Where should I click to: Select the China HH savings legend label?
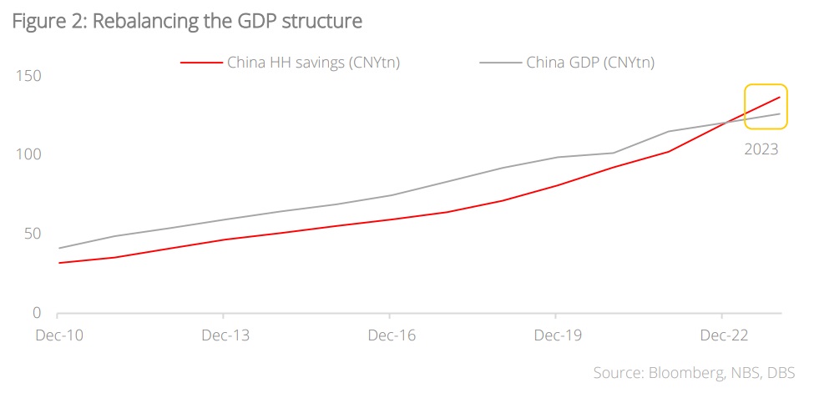point(314,63)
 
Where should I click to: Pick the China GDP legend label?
point(589,63)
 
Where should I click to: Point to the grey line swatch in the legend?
point(499,63)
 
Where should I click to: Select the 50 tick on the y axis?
point(31,234)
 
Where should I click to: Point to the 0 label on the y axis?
point(36,313)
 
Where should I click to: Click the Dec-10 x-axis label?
point(58,335)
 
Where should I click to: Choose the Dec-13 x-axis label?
point(224,335)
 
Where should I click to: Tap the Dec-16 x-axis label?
point(390,335)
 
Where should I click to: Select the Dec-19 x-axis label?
point(556,335)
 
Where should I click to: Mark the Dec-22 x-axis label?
point(722,335)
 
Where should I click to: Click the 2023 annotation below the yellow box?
point(761,150)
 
